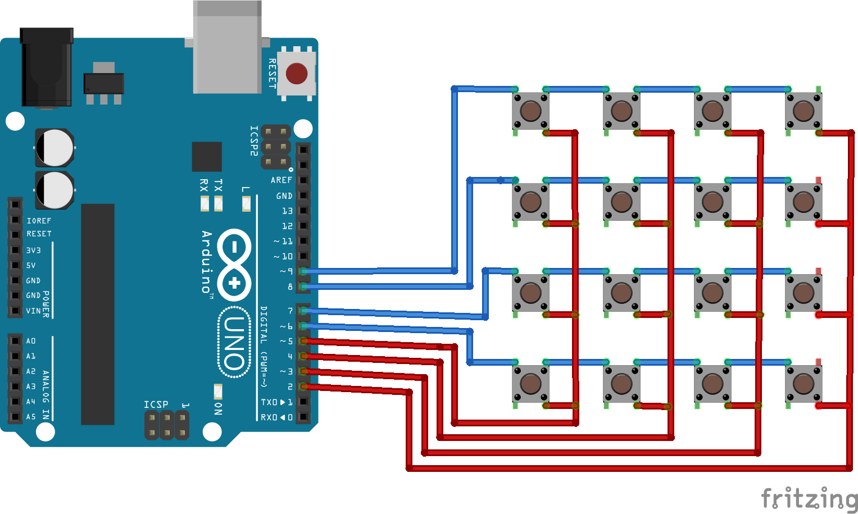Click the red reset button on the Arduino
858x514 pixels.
(x=297, y=74)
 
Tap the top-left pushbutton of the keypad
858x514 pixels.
(x=530, y=111)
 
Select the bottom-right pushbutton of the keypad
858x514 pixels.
(x=803, y=384)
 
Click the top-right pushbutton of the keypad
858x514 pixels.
(x=803, y=111)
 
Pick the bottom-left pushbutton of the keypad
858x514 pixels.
(x=530, y=384)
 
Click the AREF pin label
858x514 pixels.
(x=281, y=180)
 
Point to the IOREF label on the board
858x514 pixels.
(x=39, y=221)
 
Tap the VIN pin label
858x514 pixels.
(x=33, y=311)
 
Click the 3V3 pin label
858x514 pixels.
(x=33, y=250)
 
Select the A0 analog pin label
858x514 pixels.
(x=31, y=341)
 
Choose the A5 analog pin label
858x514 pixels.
(x=31, y=417)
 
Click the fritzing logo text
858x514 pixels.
(x=809, y=499)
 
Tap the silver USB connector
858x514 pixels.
(x=227, y=48)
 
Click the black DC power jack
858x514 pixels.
(x=47, y=67)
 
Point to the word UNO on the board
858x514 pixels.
(x=234, y=343)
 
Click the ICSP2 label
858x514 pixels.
(x=254, y=140)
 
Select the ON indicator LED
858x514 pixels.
(x=218, y=391)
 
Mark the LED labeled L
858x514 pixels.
(x=246, y=203)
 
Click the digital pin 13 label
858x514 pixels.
(x=287, y=211)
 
